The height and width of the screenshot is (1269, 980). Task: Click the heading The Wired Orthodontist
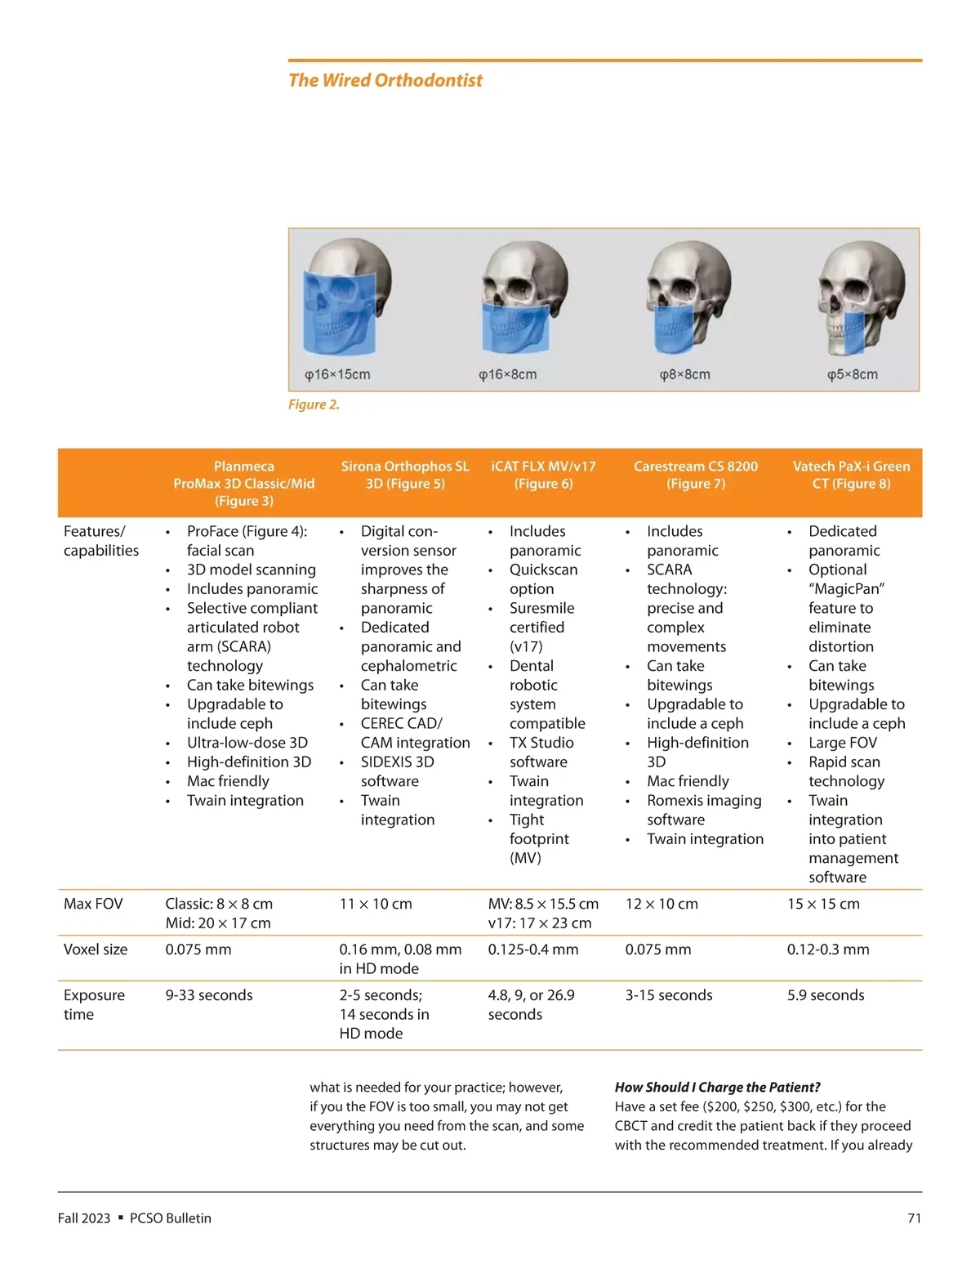tap(385, 80)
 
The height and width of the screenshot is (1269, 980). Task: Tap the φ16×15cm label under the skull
tap(337, 374)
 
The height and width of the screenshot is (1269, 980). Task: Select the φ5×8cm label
tap(852, 374)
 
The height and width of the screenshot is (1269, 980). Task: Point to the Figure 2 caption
tap(314, 404)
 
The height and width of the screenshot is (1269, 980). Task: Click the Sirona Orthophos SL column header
tap(405, 475)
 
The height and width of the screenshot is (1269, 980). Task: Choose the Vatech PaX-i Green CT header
tap(851, 475)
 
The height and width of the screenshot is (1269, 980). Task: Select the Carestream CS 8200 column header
tap(696, 475)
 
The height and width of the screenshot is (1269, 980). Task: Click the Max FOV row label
tap(93, 904)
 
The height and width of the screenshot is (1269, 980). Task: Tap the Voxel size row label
tap(96, 950)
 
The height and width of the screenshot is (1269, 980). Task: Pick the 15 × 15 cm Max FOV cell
tap(823, 904)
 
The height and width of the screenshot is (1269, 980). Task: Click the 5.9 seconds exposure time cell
tap(826, 995)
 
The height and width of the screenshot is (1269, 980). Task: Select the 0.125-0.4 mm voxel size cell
tap(533, 950)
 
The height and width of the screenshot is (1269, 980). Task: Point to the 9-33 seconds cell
tap(209, 995)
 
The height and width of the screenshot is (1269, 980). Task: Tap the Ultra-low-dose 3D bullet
tap(247, 743)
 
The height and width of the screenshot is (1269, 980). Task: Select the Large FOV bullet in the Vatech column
tap(843, 743)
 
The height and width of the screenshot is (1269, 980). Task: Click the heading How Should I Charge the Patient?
tap(717, 1088)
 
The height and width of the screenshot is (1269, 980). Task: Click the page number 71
tap(915, 1218)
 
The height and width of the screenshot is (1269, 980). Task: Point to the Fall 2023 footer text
tap(84, 1218)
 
